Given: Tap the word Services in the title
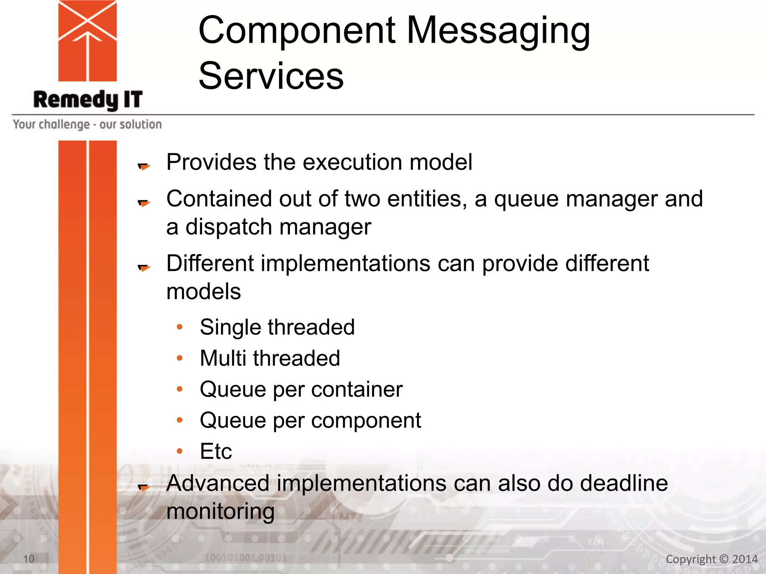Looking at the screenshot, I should pos(271,76).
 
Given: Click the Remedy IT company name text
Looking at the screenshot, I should pos(88,100).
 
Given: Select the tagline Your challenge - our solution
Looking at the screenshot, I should pos(87,124).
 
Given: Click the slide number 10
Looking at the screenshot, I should pos(29,559).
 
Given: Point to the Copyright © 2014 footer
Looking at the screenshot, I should pos(711,559).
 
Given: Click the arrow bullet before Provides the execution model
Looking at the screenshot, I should pos(144,166).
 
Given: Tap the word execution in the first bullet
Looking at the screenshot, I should pos(352,162).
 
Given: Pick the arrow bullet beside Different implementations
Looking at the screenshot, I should pos(144,267).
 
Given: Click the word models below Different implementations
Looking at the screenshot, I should pos(203,291).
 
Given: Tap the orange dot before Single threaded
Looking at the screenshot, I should pos(180,327).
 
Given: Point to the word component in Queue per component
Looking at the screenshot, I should pos(366,420).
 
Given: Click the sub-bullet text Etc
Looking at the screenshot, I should pos(216,451).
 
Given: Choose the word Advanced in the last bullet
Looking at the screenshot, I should pos(218,483).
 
